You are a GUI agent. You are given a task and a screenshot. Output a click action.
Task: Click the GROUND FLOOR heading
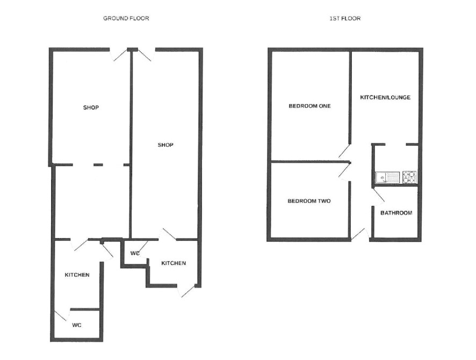point(126,18)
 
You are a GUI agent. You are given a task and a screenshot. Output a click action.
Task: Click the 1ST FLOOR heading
point(345,18)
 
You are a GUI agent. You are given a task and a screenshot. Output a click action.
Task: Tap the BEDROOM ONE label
point(309,106)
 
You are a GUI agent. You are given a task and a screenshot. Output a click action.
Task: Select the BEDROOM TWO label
point(309,201)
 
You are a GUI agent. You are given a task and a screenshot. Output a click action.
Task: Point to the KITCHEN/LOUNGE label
point(385,97)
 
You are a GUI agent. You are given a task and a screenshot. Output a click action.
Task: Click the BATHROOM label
point(396,213)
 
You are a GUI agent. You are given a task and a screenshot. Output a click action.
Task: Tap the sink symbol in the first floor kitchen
point(388,177)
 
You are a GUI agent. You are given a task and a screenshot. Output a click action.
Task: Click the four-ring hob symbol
point(409,177)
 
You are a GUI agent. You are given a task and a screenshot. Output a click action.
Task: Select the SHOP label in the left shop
point(91,107)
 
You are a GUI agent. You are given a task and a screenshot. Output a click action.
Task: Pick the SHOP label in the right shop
point(165,145)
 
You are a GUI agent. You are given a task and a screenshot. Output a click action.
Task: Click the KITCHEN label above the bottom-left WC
point(77,275)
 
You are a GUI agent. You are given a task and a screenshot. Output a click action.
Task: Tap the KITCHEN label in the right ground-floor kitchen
point(174,263)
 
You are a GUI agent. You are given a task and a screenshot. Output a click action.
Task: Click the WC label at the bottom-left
point(77,325)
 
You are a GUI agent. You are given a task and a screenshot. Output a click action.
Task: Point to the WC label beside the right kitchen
point(135,253)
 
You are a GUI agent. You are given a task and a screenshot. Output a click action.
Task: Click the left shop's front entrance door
point(119,54)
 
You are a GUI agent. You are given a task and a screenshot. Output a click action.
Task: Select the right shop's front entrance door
point(146,55)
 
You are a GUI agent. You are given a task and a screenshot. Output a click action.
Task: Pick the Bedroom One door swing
point(345,151)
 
